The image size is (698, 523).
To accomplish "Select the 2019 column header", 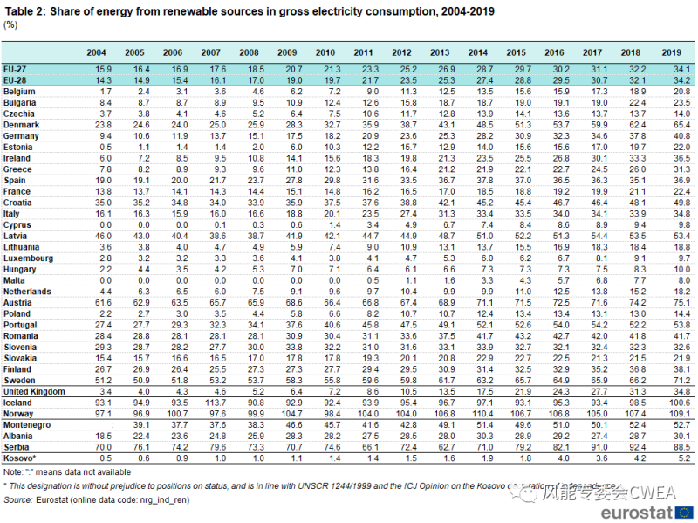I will click(x=672, y=53).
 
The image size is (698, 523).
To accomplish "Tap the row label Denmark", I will click(x=21, y=125).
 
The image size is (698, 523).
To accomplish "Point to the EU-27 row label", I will click(x=16, y=68).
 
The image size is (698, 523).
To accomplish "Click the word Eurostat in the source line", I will click(x=53, y=499).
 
